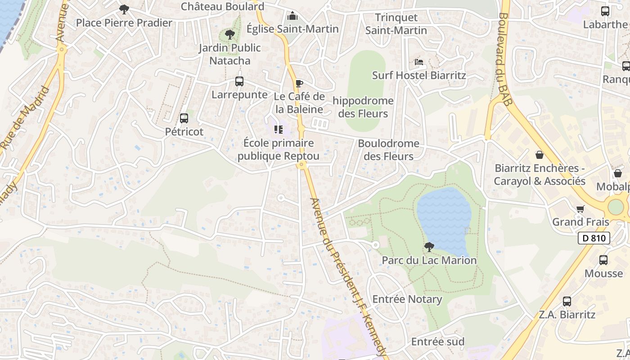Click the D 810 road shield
594,238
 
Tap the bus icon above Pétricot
184,118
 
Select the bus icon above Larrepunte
239,81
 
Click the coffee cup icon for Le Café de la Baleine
299,83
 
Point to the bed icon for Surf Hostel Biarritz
419,62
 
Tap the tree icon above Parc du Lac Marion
429,247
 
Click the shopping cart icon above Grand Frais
580,209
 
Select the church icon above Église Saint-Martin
292,16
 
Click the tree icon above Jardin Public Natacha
230,34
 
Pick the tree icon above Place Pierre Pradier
124,9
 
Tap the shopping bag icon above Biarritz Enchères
540,155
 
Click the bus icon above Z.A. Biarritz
567,301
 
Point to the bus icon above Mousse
603,260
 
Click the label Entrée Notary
407,299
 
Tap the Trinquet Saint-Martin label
396,24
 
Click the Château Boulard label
222,6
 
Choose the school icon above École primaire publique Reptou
279,130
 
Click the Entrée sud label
438,342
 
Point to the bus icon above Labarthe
605,11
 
